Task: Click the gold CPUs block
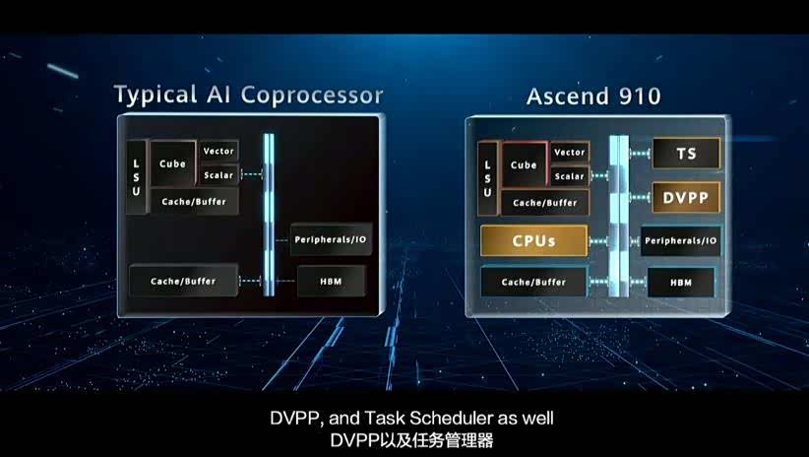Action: coord(533,240)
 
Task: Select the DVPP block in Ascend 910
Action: coord(686,197)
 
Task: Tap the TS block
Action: coord(686,153)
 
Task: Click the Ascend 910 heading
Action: coord(593,97)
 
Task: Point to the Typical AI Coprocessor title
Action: coord(248,96)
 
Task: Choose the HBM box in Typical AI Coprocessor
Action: coord(331,281)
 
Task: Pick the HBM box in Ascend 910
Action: coord(681,283)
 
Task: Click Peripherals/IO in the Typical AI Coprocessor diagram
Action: coord(331,240)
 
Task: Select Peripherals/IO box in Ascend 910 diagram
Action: coord(681,240)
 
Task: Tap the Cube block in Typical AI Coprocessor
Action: coord(172,164)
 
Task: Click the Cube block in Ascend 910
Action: coord(524,164)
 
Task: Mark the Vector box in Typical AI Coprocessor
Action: coord(218,151)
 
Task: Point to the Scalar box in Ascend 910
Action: coord(569,176)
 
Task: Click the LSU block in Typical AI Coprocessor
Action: coord(137,175)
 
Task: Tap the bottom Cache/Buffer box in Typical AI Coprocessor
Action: coord(183,281)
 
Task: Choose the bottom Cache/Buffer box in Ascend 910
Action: coord(533,283)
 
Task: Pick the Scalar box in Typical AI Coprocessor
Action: coord(218,175)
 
